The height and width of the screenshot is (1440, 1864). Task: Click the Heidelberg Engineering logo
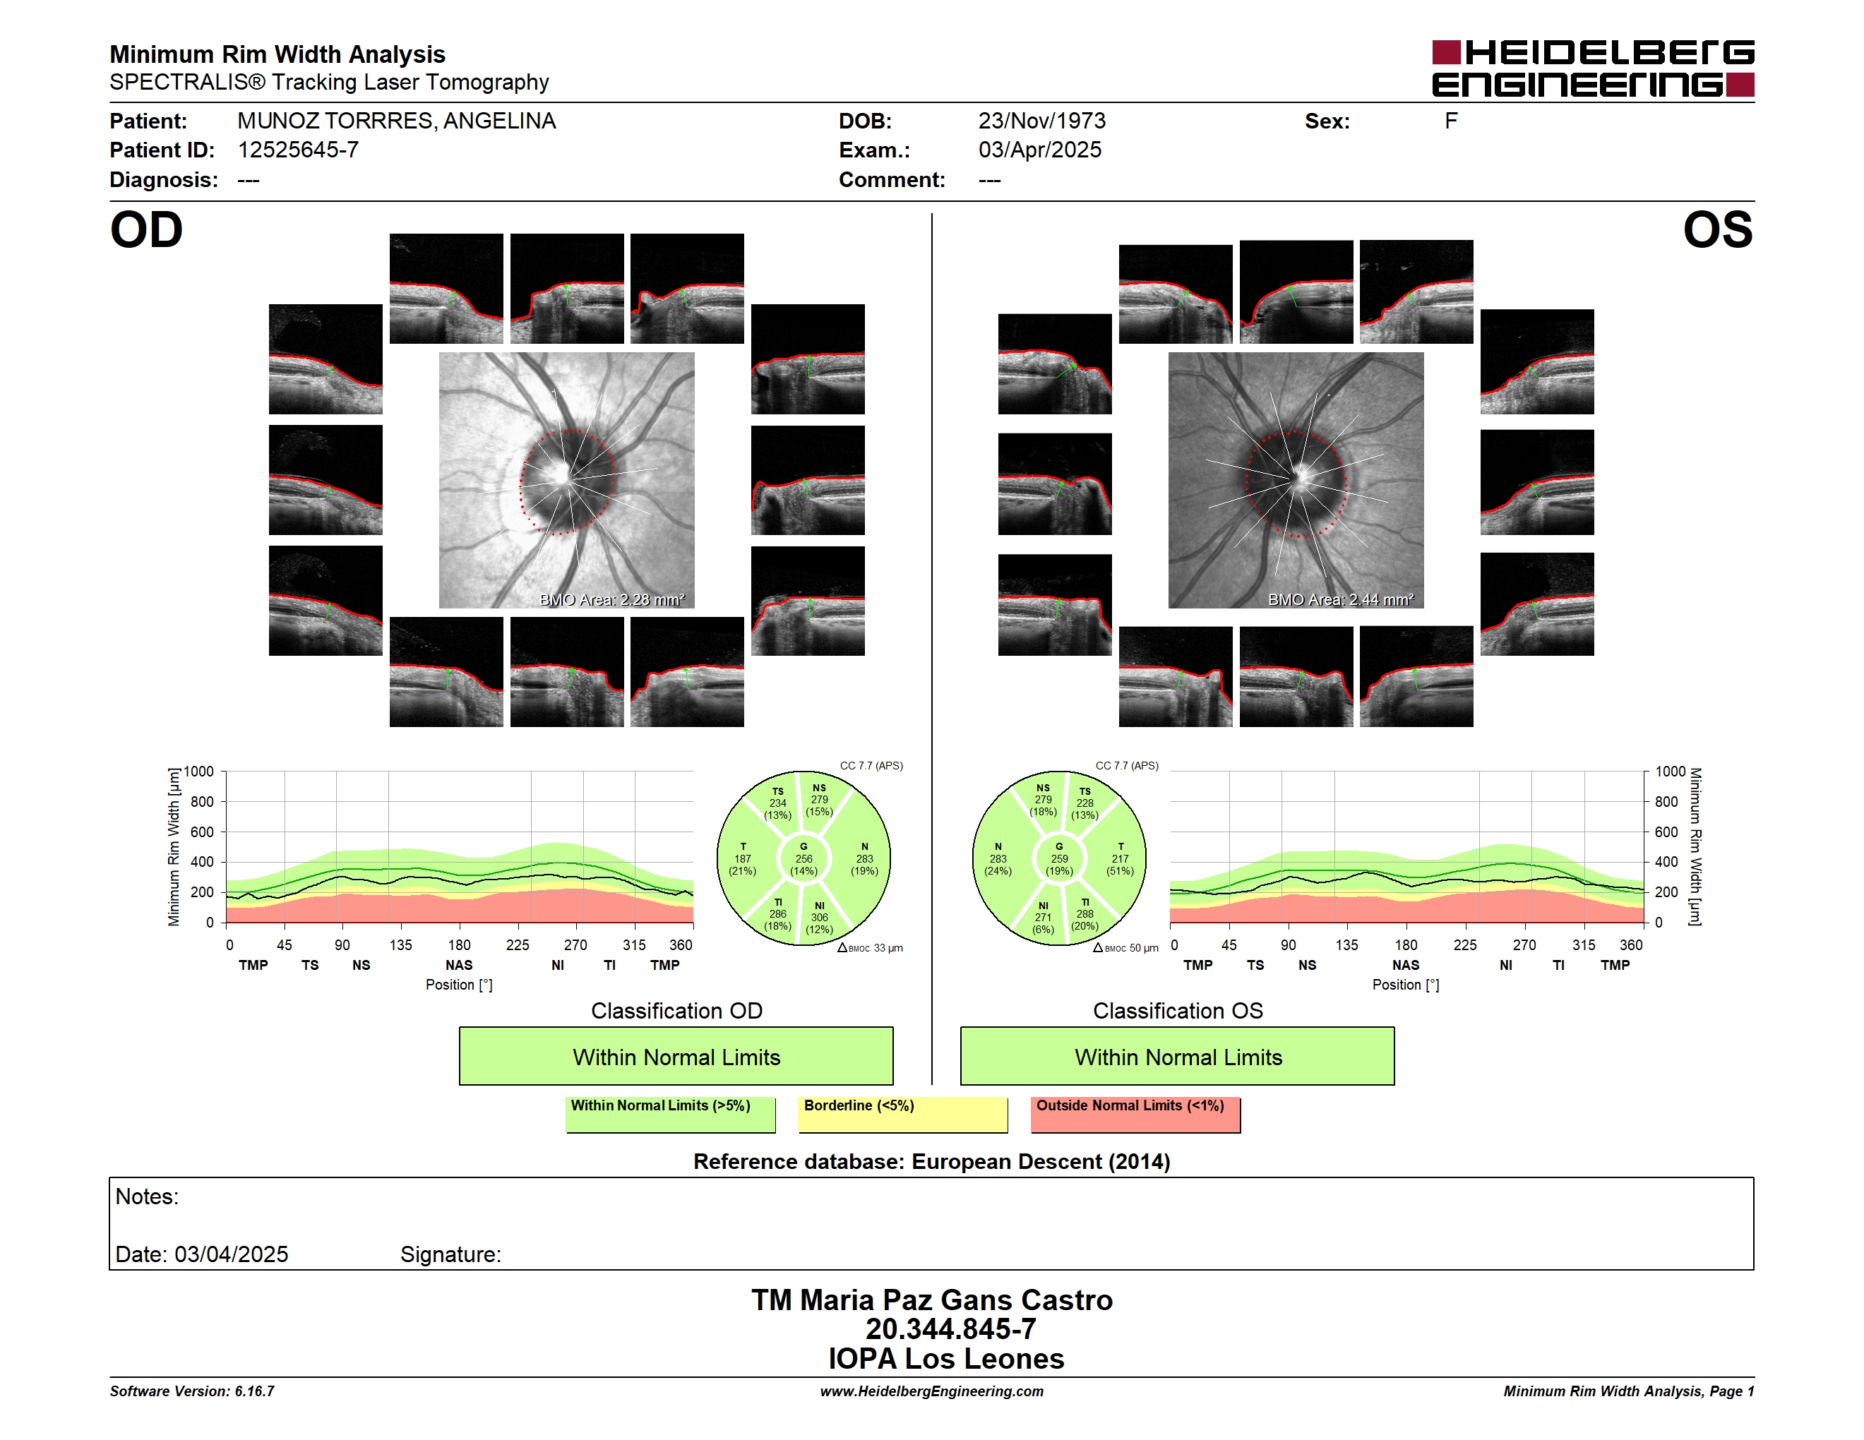[1593, 68]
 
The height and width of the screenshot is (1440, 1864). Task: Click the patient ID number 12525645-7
[298, 150]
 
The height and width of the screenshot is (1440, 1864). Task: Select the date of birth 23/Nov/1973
[1042, 121]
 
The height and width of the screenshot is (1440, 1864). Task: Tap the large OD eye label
[147, 230]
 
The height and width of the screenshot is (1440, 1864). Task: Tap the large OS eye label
[1717, 230]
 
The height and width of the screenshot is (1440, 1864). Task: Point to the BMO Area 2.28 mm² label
[612, 600]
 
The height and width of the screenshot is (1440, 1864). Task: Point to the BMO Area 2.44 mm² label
[1341, 600]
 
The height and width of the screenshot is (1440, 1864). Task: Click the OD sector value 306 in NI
[819, 917]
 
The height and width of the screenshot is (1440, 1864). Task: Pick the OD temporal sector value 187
[743, 859]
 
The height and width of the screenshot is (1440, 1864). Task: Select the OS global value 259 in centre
[1059, 859]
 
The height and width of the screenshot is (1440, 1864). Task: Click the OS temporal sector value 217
[1120, 859]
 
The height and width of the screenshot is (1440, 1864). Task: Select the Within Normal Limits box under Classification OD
[676, 1056]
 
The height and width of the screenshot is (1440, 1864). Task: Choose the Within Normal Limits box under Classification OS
[1178, 1056]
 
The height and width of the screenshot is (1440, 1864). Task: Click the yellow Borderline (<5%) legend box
[903, 1114]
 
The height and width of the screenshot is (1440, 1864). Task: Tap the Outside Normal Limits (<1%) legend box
[1135, 1114]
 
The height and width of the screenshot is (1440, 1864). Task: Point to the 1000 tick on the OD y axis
[198, 772]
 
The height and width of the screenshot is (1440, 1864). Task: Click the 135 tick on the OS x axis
[1346, 945]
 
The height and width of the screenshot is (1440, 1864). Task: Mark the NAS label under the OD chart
[459, 965]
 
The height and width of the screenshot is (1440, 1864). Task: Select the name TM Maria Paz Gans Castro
[932, 1300]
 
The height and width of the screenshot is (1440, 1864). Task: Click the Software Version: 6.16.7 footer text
[192, 1391]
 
